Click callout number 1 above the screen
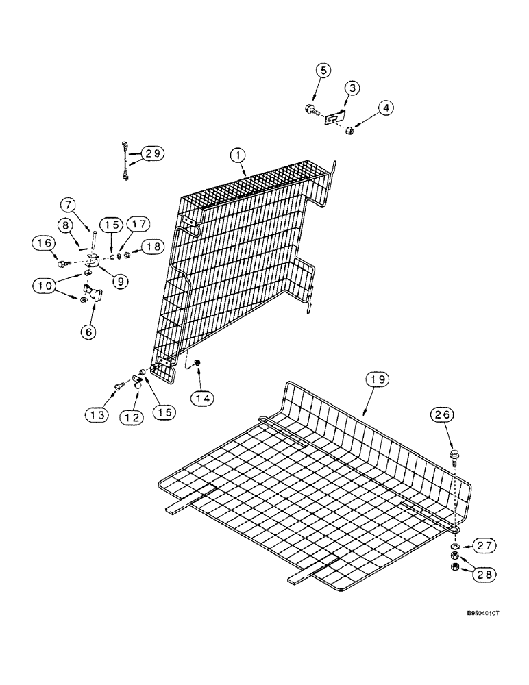click(x=238, y=157)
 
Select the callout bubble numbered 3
click(x=352, y=88)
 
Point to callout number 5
click(x=323, y=70)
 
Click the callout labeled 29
click(x=154, y=153)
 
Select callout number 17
click(x=140, y=223)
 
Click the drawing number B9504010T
click(x=480, y=634)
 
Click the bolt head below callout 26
click(x=454, y=454)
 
